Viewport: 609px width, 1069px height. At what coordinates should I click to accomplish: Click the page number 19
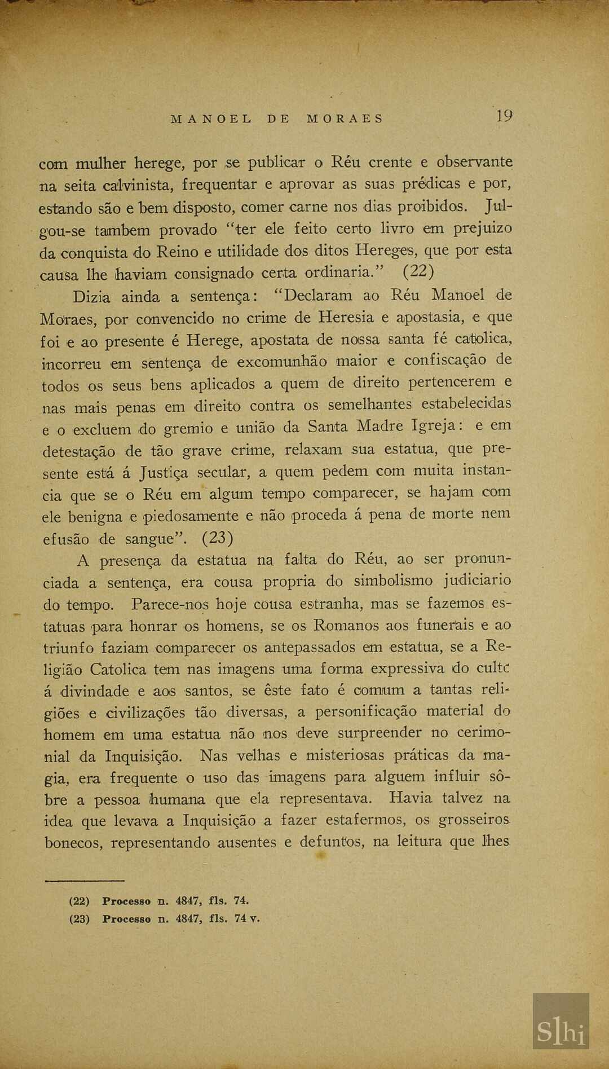click(504, 116)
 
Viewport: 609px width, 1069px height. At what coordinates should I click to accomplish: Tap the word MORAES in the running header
click(345, 119)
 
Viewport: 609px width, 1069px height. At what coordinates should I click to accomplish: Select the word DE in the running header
click(279, 119)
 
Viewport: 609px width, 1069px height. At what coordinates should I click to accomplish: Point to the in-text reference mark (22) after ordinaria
click(418, 272)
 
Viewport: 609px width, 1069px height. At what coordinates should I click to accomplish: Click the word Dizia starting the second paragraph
click(91, 296)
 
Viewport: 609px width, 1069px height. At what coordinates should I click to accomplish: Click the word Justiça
click(164, 472)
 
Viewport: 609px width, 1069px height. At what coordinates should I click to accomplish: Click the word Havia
click(410, 798)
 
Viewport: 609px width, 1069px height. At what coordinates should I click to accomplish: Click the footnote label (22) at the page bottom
click(79, 901)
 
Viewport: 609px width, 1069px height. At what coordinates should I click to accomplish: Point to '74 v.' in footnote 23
click(247, 918)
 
